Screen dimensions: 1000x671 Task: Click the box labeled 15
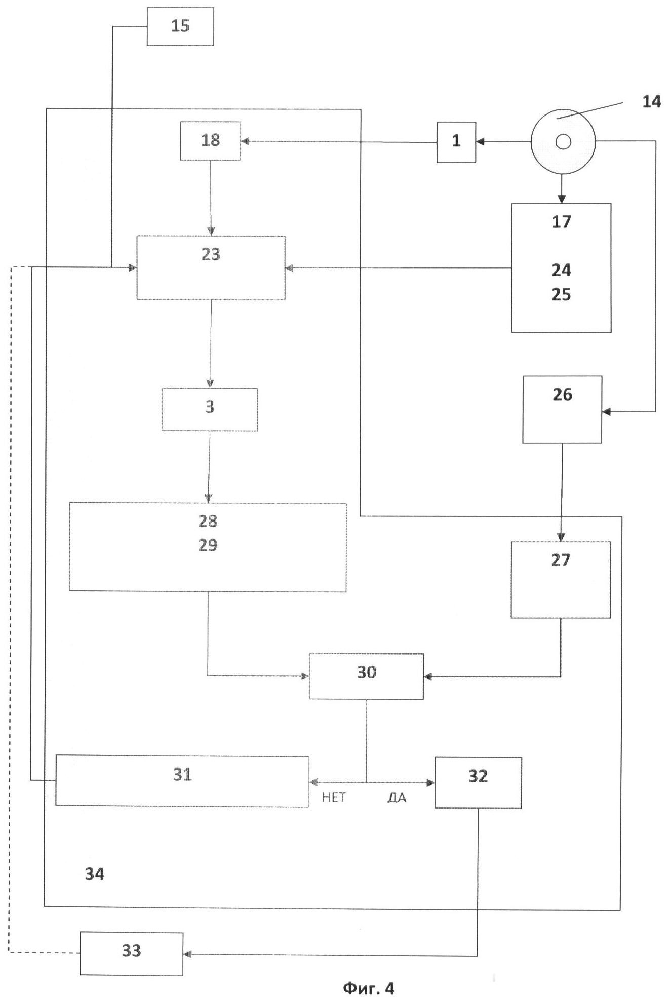coord(180,26)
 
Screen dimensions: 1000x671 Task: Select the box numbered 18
coord(211,141)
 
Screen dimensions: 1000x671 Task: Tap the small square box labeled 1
coord(456,142)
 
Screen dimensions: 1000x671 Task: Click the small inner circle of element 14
coord(563,142)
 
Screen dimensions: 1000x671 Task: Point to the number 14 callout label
coord(651,102)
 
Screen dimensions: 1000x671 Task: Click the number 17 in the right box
coord(561,222)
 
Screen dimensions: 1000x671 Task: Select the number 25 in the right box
coord(561,295)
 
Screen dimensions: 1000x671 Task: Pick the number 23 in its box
coord(211,254)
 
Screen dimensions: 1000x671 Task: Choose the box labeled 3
coord(210,409)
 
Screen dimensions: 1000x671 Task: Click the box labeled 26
coord(562,409)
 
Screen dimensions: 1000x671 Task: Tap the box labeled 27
coord(561,580)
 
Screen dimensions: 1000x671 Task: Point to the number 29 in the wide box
coord(208,545)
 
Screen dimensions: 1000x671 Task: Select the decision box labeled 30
coord(367,676)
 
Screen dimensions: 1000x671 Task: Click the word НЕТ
coord(334,798)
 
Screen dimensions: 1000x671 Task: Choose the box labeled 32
coord(478,782)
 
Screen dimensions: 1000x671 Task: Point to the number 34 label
coord(95,874)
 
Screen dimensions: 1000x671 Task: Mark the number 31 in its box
coord(182,775)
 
